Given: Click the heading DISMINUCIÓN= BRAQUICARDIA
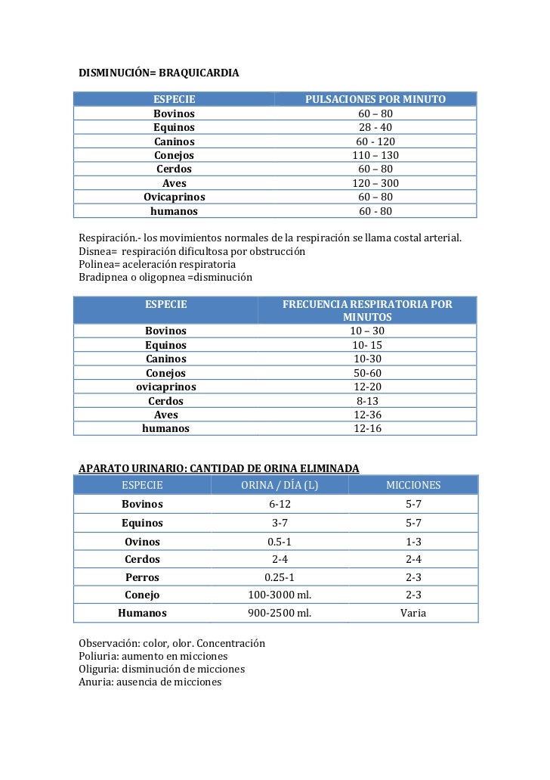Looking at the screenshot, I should click(x=159, y=73).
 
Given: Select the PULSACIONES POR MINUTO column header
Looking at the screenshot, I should click(x=375, y=99).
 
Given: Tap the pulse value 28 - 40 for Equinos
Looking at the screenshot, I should click(x=375, y=127).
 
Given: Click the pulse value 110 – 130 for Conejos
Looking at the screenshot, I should click(x=375, y=155).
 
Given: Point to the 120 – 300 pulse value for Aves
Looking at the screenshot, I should click(x=375, y=183).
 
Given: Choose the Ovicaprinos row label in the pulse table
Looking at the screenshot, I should click(x=175, y=197).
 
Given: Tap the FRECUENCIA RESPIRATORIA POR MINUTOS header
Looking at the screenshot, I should click(x=367, y=310).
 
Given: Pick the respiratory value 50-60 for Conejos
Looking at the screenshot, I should click(x=368, y=373).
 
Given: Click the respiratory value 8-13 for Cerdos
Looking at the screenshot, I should click(x=368, y=400).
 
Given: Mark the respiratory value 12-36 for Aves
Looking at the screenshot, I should click(x=368, y=415).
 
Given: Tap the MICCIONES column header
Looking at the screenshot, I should click(x=413, y=485).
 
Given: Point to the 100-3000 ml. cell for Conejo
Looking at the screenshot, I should click(x=280, y=595).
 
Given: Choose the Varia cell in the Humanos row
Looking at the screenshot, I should click(x=413, y=613).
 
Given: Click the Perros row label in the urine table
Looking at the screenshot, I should click(x=142, y=577).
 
